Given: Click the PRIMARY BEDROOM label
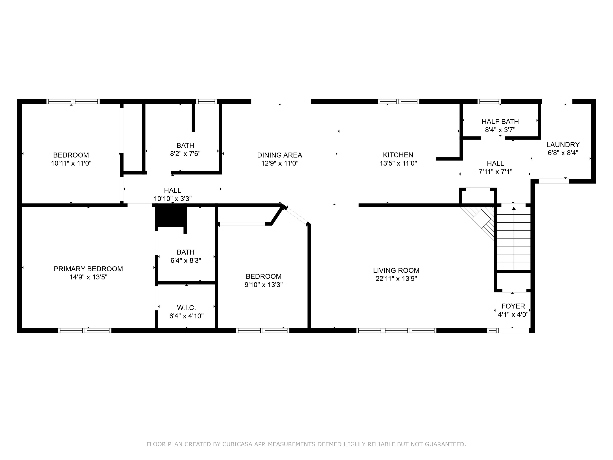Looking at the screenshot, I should [x=88, y=269].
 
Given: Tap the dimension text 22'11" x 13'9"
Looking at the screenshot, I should [x=396, y=278].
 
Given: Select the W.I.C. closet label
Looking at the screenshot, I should [x=186, y=307].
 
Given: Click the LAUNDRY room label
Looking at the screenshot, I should [x=563, y=145].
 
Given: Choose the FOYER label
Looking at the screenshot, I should [x=513, y=306].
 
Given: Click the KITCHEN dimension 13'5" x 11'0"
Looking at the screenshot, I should [x=398, y=163].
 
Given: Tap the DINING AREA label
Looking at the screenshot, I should [x=279, y=155].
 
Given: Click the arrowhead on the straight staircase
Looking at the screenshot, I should [x=514, y=208].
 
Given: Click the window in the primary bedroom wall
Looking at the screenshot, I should [x=85, y=330].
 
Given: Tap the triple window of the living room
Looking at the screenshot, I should [x=396, y=330].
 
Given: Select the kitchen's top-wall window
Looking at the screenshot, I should [x=398, y=101].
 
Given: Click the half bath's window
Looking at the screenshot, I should [x=489, y=101].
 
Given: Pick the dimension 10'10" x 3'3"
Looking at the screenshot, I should [x=173, y=198].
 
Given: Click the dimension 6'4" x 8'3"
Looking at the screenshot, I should [x=185, y=260].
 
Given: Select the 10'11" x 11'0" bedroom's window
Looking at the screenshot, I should [x=73, y=101].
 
